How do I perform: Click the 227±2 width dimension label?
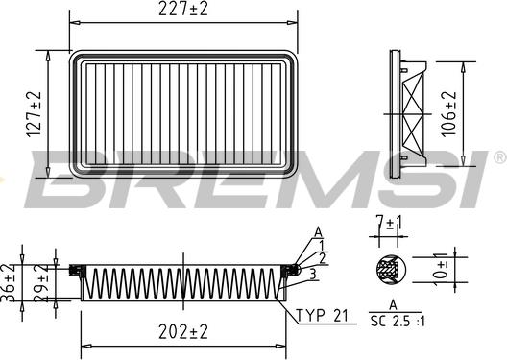pyautogui.click(x=183, y=9)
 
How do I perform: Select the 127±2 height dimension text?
pyautogui.click(x=35, y=114)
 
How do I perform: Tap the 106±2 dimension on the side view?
pyautogui.click(x=449, y=114)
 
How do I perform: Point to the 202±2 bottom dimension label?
pyautogui.click(x=183, y=332)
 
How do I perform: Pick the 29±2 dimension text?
pyautogui.click(x=41, y=283)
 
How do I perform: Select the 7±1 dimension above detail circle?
pyautogui.click(x=389, y=223)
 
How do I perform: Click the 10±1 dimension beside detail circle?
pyautogui.click(x=441, y=270)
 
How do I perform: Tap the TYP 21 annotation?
pyautogui.click(x=322, y=316)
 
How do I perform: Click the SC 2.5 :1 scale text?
pyautogui.click(x=398, y=321)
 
